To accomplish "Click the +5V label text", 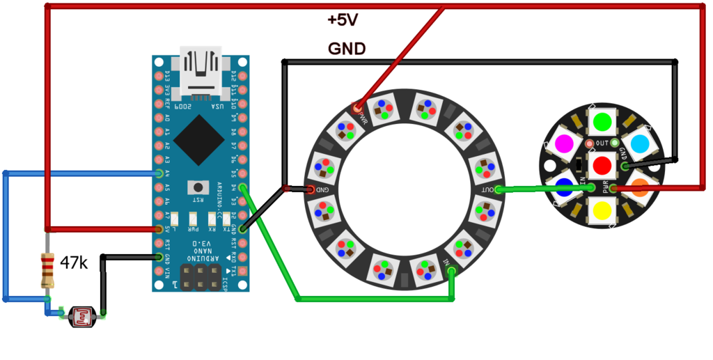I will [343, 20].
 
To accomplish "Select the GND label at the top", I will [347, 49].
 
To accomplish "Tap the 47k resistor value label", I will [74, 263].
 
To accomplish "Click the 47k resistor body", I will [47, 271].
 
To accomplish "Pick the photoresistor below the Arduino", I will [83, 318].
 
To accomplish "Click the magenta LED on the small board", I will [565, 143].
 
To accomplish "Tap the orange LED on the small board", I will [639, 187].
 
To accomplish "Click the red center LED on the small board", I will [602, 166].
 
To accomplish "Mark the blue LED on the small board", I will [564, 187].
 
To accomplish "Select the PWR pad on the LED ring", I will [358, 109].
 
